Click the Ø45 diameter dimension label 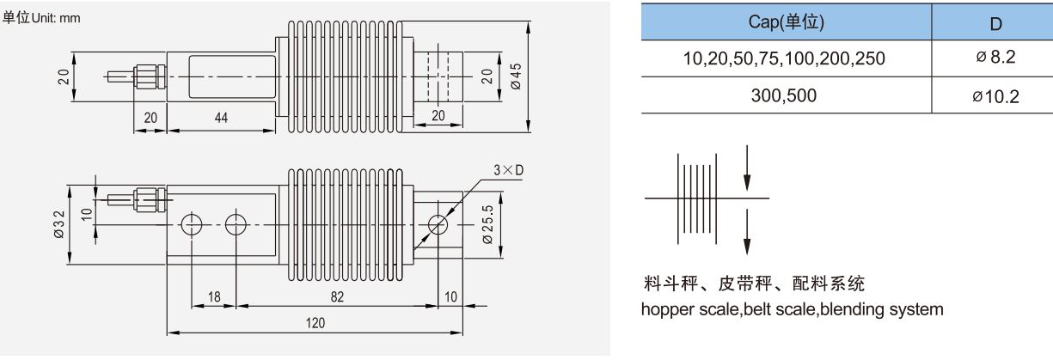(516, 76)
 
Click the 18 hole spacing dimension (214, 296)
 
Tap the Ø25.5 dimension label (487, 225)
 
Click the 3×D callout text (509, 170)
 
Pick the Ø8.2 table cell (995, 58)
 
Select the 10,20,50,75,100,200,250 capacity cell (786, 58)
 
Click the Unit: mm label (56, 18)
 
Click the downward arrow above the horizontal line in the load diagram (747, 173)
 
